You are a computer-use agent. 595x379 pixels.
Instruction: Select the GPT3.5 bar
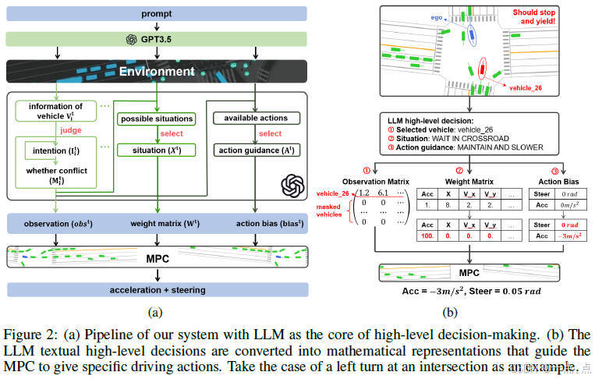157,39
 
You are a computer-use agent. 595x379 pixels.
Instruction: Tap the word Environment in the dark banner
157,72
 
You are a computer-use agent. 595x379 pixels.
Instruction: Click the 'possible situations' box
155,119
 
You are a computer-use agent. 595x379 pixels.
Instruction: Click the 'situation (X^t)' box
155,150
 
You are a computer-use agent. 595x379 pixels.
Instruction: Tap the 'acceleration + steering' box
157,289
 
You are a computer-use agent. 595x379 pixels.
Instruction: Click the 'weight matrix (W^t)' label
154,226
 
